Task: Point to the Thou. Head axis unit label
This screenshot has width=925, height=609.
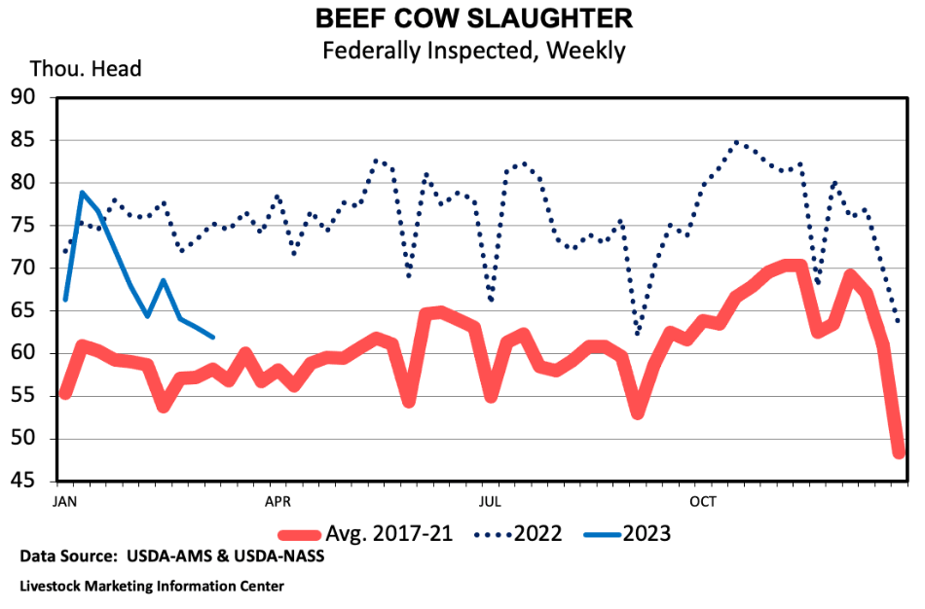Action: point(86,69)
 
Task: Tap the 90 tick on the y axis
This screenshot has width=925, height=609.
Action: point(22,97)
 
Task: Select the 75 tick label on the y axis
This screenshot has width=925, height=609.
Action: point(22,225)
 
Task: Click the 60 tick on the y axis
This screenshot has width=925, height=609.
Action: point(22,353)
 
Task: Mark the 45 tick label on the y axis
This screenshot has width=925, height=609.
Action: point(22,482)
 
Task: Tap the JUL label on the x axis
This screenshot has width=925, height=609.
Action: point(490,502)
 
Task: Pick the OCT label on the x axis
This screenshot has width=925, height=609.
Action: point(702,502)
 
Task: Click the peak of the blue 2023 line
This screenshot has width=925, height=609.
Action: point(82,193)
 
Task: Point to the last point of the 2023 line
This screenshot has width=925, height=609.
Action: point(213,337)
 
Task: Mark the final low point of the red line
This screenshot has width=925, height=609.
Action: point(899,452)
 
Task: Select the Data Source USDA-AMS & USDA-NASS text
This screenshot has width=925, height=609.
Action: point(171,557)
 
